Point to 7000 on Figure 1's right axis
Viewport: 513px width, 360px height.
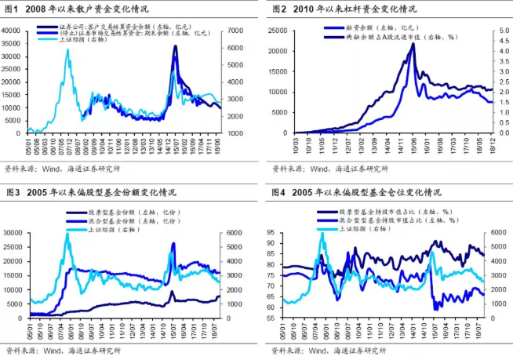click(237, 30)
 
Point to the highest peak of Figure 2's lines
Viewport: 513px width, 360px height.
click(413, 43)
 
